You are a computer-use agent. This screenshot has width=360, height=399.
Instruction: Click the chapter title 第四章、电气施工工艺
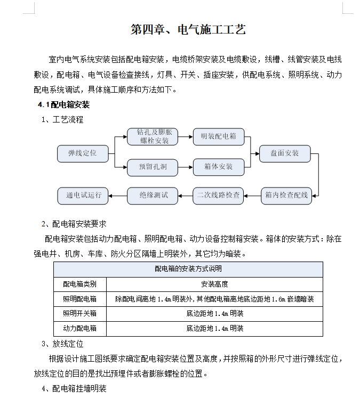pyautogui.click(x=188, y=30)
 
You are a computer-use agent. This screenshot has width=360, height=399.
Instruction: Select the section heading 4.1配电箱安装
pyautogui.click(x=63, y=104)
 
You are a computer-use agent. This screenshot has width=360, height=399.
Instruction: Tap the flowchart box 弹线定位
pyautogui.click(x=82, y=153)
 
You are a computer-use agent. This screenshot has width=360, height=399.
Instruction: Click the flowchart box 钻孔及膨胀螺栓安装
pyautogui.click(x=152, y=136)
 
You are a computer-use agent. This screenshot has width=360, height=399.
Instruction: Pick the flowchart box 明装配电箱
pyautogui.click(x=218, y=136)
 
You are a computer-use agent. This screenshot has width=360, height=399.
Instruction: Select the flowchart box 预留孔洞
pyautogui.click(x=152, y=167)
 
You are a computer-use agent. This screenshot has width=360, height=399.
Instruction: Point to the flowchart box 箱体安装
pyautogui.click(x=218, y=167)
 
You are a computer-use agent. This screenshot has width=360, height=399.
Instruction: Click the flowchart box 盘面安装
pyautogui.click(x=284, y=153)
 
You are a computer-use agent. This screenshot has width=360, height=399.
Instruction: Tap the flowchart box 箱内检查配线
pyautogui.click(x=286, y=195)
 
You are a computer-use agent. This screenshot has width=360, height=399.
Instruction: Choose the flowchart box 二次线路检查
pyautogui.click(x=218, y=195)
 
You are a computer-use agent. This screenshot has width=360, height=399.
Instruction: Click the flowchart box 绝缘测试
pyautogui.click(x=153, y=195)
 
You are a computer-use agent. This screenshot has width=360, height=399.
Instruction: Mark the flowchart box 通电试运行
pyautogui.click(x=83, y=195)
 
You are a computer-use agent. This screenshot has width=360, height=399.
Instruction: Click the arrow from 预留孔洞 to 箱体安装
pyautogui.click(x=185, y=167)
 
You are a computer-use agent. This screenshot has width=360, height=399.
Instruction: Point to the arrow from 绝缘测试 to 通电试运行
pyautogui.click(x=117, y=195)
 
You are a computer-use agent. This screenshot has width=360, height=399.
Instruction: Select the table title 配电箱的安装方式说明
pyautogui.click(x=188, y=269)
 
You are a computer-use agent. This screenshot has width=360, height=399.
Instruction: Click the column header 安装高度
pyautogui.click(x=214, y=284)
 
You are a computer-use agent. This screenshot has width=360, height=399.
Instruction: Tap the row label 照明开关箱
pyautogui.click(x=80, y=313)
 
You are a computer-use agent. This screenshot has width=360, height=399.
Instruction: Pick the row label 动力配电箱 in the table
pyautogui.click(x=80, y=328)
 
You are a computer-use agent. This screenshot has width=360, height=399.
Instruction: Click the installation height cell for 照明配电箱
pyautogui.click(x=214, y=299)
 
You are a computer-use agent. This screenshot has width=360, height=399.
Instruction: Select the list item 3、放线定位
pyautogui.click(x=62, y=344)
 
